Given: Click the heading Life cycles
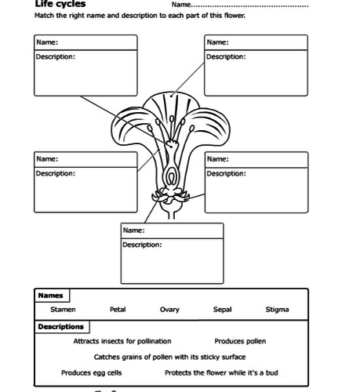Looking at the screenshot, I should click(60, 4).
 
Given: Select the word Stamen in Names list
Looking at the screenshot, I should click(64, 310).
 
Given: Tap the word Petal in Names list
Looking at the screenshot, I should click(118, 310).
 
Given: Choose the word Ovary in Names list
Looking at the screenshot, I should click(169, 310).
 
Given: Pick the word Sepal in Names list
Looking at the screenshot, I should click(223, 310).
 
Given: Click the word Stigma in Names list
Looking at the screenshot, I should click(277, 310).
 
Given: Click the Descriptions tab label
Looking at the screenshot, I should click(60, 326).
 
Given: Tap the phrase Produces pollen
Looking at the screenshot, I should click(240, 341).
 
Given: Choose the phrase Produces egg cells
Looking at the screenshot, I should click(92, 372).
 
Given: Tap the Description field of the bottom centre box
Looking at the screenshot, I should click(172, 263).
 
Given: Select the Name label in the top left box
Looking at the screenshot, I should click(47, 42).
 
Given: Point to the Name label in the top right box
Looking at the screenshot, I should click(218, 42).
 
